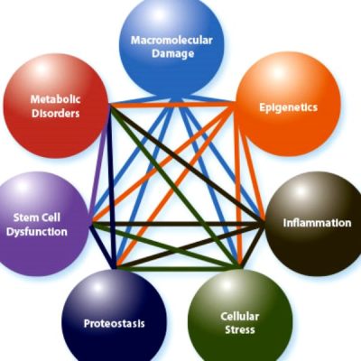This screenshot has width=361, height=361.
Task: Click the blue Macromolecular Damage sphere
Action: pos(171,47)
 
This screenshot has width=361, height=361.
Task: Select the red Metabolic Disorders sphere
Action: pos(56,106)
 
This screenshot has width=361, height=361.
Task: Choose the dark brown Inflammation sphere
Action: pos(314,224)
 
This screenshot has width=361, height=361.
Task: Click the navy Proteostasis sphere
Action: pos(115,319)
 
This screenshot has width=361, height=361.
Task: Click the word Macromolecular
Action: pos(171,41)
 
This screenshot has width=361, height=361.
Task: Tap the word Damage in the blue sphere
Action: pos(172,54)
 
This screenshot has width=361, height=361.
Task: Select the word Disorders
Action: pos(56,114)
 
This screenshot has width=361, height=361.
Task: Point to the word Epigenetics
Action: pos(289,107)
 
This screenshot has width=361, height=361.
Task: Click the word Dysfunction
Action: pos(37,232)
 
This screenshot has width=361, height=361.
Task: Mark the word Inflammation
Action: pos(317,223)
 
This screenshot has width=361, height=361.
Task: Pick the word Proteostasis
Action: pos(115,324)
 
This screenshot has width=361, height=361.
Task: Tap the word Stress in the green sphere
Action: pos(240,329)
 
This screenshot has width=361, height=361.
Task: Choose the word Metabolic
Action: pos(56,99)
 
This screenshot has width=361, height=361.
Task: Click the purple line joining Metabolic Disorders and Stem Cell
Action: pos(99,164)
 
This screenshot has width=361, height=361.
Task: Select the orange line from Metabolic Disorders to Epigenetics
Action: pos(172,105)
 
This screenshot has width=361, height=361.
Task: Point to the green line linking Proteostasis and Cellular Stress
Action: pos(178,268)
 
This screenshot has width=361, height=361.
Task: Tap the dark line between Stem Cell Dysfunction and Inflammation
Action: pos(178,224)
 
